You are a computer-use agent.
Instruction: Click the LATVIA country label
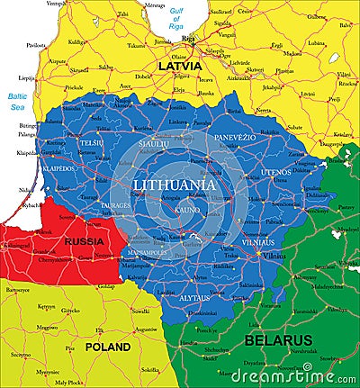click(x=179, y=66)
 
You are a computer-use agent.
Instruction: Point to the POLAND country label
click(x=107, y=346)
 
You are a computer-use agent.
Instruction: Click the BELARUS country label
click(x=278, y=340)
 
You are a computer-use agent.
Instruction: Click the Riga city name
click(x=187, y=40)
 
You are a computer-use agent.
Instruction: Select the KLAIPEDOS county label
click(x=57, y=168)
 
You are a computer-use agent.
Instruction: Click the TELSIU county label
click(x=91, y=142)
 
